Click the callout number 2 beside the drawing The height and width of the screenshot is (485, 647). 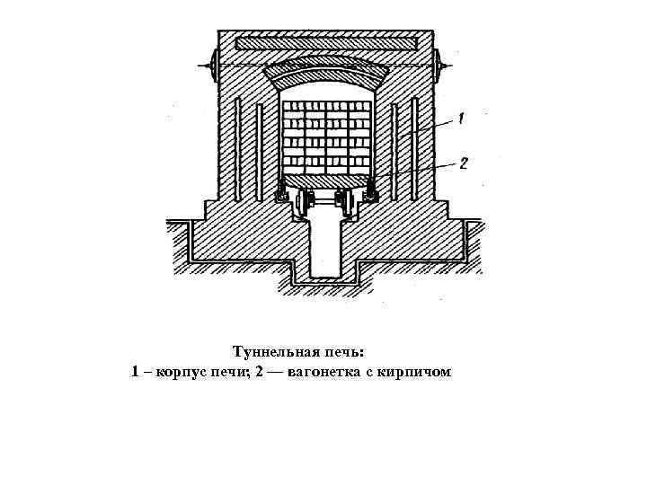click(x=464, y=163)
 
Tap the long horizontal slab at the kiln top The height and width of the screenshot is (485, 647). click(x=326, y=43)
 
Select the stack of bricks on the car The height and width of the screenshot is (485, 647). click(x=326, y=135)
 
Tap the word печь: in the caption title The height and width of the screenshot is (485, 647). click(x=350, y=351)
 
